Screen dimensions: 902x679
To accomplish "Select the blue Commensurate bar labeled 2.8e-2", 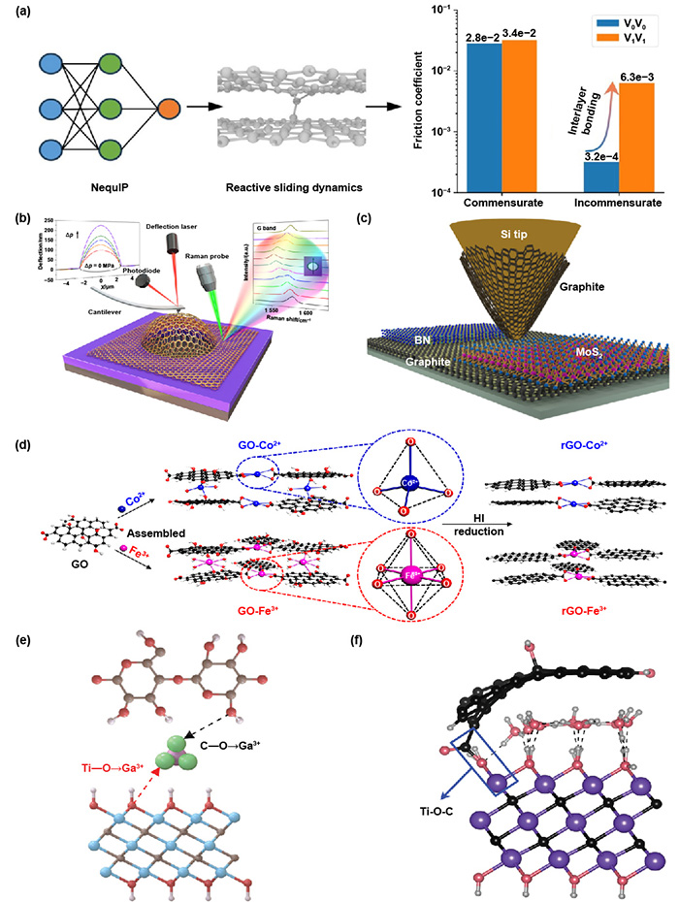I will point(483,117).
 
